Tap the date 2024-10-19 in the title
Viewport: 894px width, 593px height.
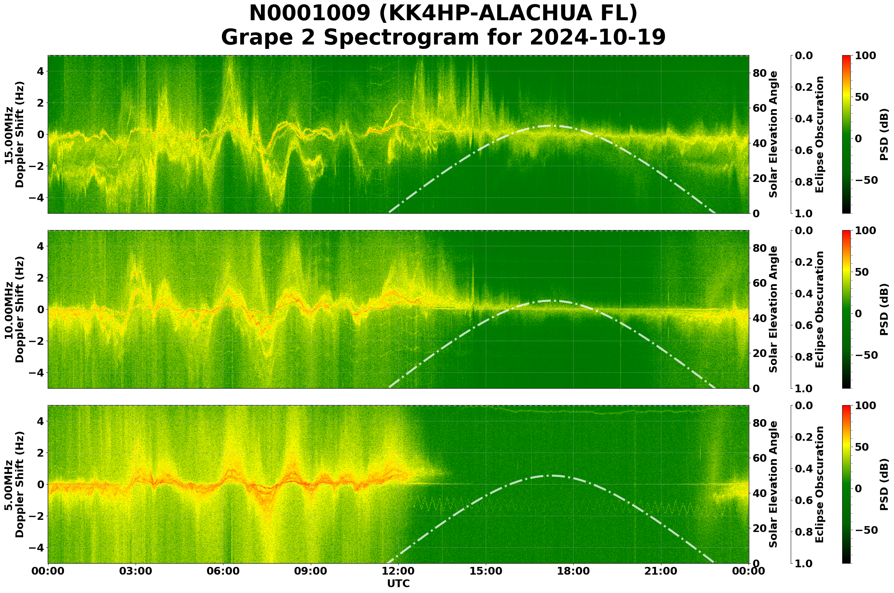pyautogui.click(x=597, y=37)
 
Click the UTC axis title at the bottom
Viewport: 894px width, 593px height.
pyautogui.click(x=398, y=583)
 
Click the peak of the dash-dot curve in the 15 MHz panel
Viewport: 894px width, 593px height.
pyautogui.click(x=550, y=126)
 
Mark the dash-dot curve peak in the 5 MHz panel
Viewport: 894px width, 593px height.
pyautogui.click(x=550, y=475)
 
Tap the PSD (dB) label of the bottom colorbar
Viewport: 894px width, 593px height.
pyautogui.click(x=884, y=485)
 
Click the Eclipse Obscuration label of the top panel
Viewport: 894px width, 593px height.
pyautogui.click(x=819, y=135)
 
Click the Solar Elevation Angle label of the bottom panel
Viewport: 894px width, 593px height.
pyautogui.click(x=773, y=485)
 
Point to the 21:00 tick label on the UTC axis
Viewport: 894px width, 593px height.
pyautogui.click(x=661, y=571)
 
